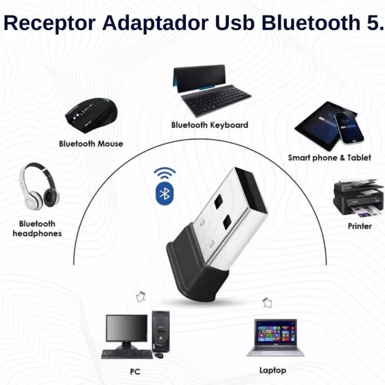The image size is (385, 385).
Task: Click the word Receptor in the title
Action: [50, 23]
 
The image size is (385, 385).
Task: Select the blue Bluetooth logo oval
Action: [165, 194]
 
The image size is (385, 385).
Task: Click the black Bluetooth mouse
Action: [91, 115]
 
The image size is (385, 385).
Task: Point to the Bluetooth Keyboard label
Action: [210, 125]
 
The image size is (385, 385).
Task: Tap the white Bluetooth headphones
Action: [39, 186]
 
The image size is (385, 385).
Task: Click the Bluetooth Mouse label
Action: [91, 143]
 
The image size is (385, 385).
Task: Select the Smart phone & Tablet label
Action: [330, 158]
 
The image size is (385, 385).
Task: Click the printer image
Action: [359, 198]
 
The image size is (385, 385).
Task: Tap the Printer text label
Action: [359, 226]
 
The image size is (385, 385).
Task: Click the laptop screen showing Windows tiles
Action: [275, 332]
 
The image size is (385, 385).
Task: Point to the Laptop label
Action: [273, 371]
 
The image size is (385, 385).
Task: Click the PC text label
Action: [135, 372]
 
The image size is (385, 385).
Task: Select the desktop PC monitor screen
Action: [127, 328]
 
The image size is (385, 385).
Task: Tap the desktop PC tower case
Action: [161, 332]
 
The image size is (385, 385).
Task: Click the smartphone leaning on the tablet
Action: [349, 128]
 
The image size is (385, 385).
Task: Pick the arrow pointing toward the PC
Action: [141, 296]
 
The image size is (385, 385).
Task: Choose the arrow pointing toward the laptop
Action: [268, 302]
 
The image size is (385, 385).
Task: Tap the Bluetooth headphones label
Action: [37, 228]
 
